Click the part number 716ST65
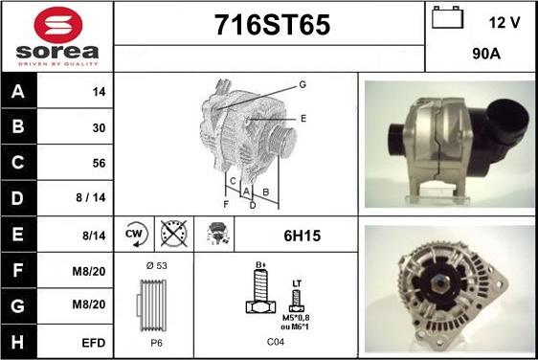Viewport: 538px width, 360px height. pyautogui.click(x=272, y=25)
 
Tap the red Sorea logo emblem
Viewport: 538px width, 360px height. pyautogui.click(x=58, y=25)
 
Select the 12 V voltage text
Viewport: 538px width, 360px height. pyautogui.click(x=504, y=23)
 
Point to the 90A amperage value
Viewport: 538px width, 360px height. pyautogui.click(x=486, y=54)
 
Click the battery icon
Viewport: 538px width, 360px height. pyautogui.click(x=447, y=17)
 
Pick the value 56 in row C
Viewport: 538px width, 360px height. pyautogui.click(x=99, y=163)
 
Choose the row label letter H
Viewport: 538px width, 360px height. pyautogui.click(x=17, y=342)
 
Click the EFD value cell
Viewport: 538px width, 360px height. pyautogui.click(x=93, y=343)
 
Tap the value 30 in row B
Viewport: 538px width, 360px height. pyautogui.click(x=99, y=127)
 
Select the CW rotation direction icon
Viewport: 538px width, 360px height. pyautogui.click(x=135, y=235)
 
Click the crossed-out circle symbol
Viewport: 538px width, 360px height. pyautogui.click(x=174, y=234)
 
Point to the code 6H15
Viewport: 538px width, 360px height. pyautogui.click(x=302, y=236)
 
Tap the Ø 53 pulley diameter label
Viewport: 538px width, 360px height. pyautogui.click(x=156, y=265)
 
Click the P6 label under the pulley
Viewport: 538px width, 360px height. pyautogui.click(x=156, y=343)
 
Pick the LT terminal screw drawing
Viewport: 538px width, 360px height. pyautogui.click(x=297, y=297)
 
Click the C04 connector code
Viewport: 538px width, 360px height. pyautogui.click(x=275, y=342)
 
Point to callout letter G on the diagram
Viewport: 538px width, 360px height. pyautogui.click(x=303, y=84)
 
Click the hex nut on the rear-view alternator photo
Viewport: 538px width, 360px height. pyautogui.click(x=440, y=283)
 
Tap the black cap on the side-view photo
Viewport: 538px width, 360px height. pyautogui.click(x=508, y=118)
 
